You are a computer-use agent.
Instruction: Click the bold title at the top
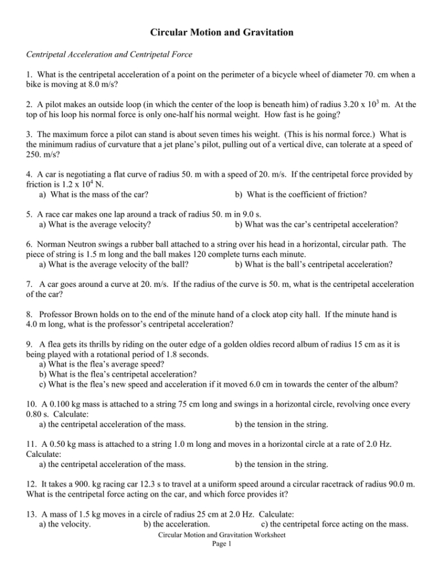pos(221,33)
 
